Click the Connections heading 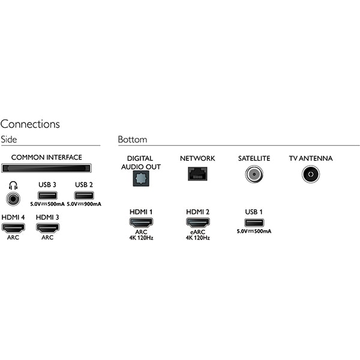pyautogui.click(x=30, y=124)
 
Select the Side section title pyautogui.click(x=8, y=139)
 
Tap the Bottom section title pyautogui.click(x=132, y=139)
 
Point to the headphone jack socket pyautogui.click(x=13, y=198)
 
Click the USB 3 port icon pyautogui.click(x=47, y=196)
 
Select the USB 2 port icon pyautogui.click(x=84, y=196)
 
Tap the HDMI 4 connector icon pyautogui.click(x=13, y=228)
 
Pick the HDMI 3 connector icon pyautogui.click(x=47, y=228)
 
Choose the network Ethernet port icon pyautogui.click(x=197, y=173)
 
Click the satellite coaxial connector pyautogui.click(x=254, y=174)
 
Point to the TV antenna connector pyautogui.click(x=311, y=174)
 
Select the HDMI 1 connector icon pyautogui.click(x=141, y=222)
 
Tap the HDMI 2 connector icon pyautogui.click(x=197, y=222)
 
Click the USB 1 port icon pyautogui.click(x=254, y=222)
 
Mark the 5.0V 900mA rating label pyautogui.click(x=84, y=205)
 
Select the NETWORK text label pyautogui.click(x=197, y=158)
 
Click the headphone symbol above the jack pyautogui.click(x=13, y=184)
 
